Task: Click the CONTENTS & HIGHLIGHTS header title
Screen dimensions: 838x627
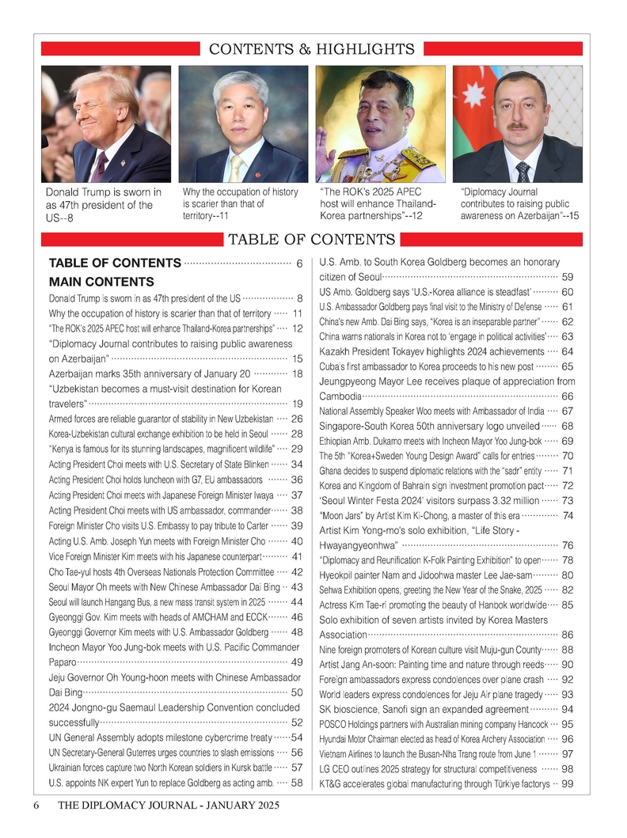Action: coord(311,50)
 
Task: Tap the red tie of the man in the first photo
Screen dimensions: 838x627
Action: coord(100,166)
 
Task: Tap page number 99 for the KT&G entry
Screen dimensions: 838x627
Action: coord(567,783)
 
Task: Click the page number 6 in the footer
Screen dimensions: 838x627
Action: coord(36,806)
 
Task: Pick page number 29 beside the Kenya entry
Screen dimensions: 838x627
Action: coord(298,449)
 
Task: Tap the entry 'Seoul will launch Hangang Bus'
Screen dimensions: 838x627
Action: coord(157,602)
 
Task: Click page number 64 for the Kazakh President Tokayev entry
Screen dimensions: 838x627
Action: coord(567,351)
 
